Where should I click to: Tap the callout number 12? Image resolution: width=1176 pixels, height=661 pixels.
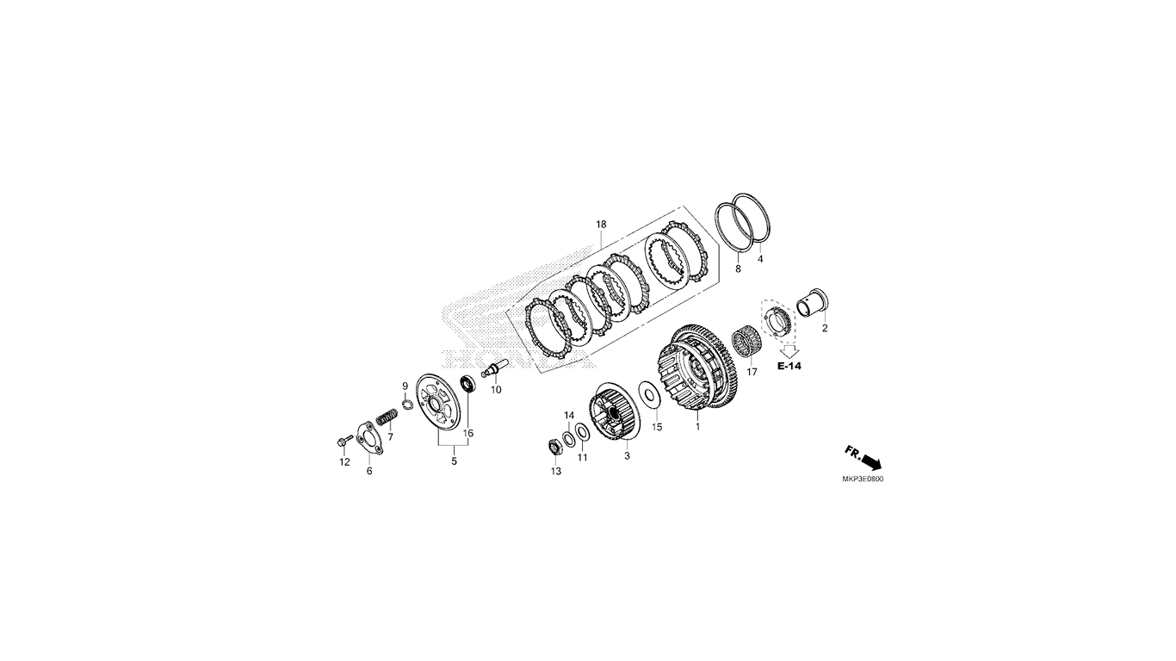[x=344, y=462]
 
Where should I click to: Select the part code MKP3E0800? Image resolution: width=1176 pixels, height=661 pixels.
[x=863, y=479]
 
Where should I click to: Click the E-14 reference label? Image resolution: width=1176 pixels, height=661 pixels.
[x=789, y=366]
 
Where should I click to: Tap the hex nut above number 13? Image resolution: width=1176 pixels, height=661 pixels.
[x=555, y=448]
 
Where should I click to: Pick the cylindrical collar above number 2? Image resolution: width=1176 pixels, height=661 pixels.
[x=813, y=304]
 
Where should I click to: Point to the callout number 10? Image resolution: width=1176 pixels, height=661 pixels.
[x=496, y=390]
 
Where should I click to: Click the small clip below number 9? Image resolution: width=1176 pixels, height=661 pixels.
[x=405, y=403]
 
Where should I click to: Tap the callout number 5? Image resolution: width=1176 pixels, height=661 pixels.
[x=454, y=461]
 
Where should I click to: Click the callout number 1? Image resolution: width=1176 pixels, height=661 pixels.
[x=697, y=427]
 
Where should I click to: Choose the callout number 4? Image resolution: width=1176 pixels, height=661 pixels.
[x=759, y=259]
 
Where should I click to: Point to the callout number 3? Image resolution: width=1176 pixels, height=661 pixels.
[x=627, y=456]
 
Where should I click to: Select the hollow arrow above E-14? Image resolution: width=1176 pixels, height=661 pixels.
[x=789, y=350]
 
